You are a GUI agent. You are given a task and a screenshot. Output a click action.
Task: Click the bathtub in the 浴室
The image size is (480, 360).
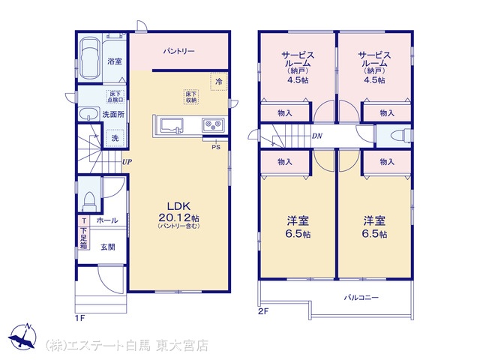pyautogui.click(x=89, y=58)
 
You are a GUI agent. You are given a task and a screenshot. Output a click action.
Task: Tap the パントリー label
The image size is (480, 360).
pyautogui.click(x=178, y=51)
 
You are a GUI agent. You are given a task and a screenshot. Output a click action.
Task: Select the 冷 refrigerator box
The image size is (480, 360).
pyautogui.click(x=219, y=82)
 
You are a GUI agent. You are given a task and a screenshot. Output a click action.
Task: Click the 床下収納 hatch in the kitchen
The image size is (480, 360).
pyautogui.click(x=191, y=97)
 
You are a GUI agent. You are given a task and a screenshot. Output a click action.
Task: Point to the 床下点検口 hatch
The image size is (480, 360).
pyautogui.click(x=115, y=97)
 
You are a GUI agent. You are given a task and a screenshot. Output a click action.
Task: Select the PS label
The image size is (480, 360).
pyautogui.click(x=216, y=147)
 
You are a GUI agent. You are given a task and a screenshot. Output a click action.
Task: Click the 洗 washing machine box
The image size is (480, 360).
pyautogui.click(x=115, y=138)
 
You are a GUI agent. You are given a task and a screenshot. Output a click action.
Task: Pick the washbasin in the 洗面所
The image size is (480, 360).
pyautogui.click(x=88, y=115)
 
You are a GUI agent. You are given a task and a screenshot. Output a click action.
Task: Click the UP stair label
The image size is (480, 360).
pyautogui.click(x=127, y=162)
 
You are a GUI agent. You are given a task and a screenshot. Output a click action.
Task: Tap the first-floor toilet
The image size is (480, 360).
pyautogui.click(x=89, y=201)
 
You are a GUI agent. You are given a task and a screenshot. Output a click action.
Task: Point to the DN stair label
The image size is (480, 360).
pyautogui.click(x=317, y=136)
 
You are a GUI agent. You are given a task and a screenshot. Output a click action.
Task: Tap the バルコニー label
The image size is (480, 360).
pyautogui.click(x=361, y=298)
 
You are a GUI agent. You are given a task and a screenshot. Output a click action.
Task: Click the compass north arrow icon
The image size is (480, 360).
pyautogui.click(x=22, y=336)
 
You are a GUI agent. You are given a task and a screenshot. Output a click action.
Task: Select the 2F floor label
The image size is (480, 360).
pyautogui.click(x=263, y=312)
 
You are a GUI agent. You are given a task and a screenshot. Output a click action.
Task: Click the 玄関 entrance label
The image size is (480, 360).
pyautogui.click(x=108, y=247)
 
